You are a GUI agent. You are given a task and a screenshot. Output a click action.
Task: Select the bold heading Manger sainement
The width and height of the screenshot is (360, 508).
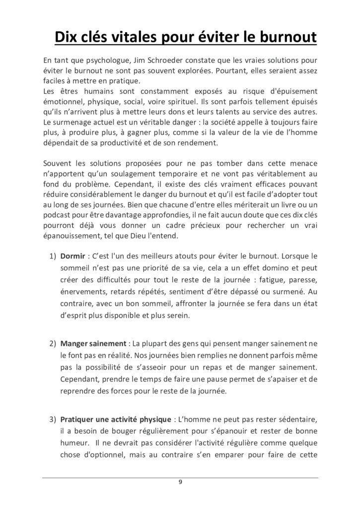pos(93,343)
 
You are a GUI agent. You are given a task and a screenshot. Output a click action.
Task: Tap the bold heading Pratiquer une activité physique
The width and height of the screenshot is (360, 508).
pos(115,419)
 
